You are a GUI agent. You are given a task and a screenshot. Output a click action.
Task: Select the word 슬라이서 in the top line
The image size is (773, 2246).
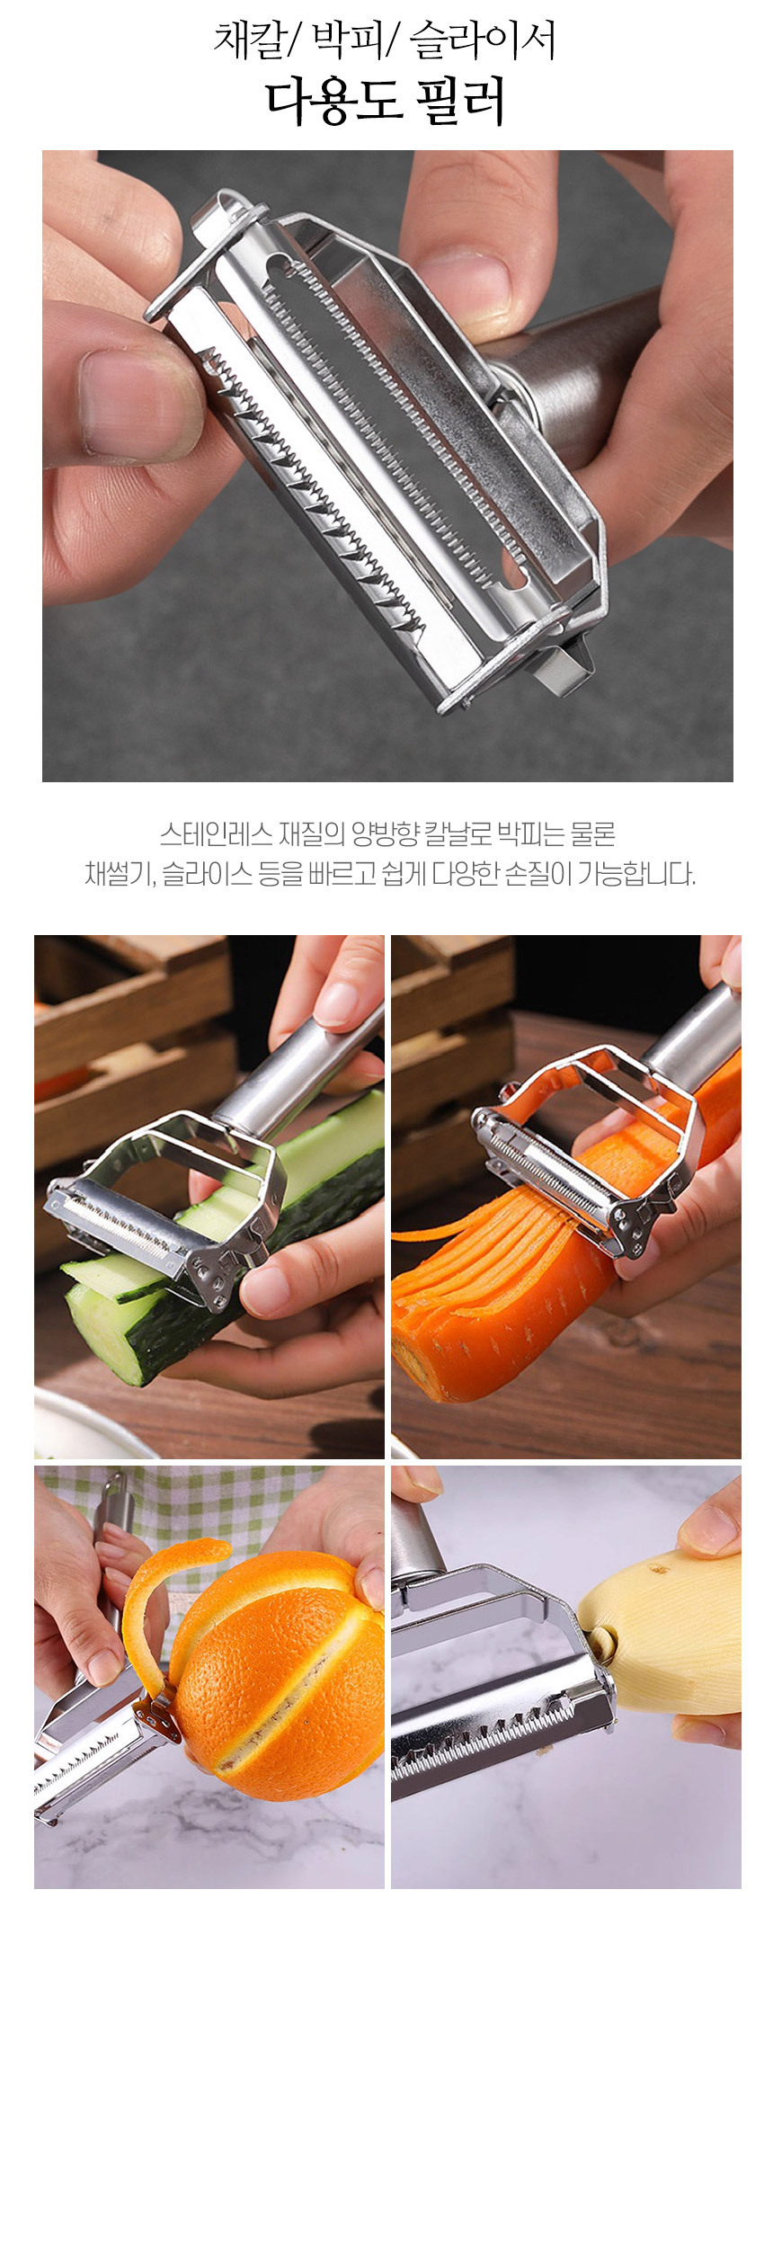pyautogui.click(x=482, y=40)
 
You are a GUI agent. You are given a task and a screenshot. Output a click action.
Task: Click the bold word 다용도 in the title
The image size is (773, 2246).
pyautogui.click(x=333, y=102)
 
